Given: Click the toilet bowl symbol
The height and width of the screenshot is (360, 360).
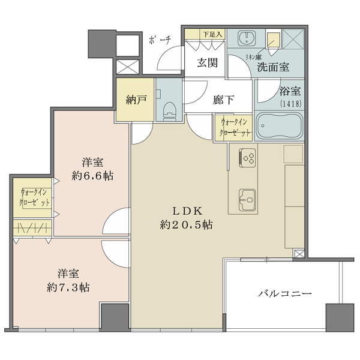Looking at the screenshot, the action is click(169, 111).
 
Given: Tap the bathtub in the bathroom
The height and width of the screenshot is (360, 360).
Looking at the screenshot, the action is click(279, 126).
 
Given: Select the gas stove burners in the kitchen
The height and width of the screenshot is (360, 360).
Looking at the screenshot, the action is click(247, 157).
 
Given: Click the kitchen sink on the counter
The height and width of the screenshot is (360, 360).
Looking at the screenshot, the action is click(247, 200).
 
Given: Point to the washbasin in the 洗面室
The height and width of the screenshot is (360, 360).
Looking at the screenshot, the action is click(247, 38).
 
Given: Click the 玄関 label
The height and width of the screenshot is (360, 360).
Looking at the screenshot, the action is click(208, 62).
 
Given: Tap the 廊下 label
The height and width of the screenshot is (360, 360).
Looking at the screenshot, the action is click(223, 100).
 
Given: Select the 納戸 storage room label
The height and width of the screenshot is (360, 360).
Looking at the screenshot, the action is click(136, 100).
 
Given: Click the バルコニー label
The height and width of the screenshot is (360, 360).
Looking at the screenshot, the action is click(284, 293).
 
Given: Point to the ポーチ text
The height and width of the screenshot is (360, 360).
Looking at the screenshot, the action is click(160, 40).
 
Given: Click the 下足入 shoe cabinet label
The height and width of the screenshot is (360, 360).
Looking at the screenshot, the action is click(212, 35).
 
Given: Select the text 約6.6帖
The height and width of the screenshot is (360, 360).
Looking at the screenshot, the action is click(92, 176).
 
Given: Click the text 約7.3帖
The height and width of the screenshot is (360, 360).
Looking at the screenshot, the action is click(68, 287).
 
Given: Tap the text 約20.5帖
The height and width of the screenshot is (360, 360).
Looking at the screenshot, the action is click(186, 224).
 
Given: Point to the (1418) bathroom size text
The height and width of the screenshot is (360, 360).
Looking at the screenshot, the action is click(290, 104).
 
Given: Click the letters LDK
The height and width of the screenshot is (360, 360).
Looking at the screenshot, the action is click(187, 211).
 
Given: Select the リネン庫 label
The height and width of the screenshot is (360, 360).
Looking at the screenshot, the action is click(253, 57).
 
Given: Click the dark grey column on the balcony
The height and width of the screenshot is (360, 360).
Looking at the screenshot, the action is click(340, 318).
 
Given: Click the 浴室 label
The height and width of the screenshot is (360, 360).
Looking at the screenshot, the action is click(290, 91).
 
